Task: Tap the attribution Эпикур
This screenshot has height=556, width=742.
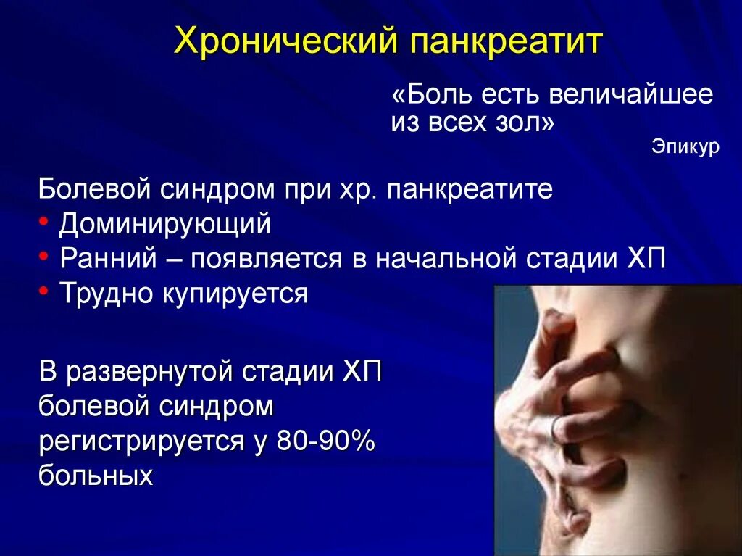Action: pyautogui.click(x=685, y=147)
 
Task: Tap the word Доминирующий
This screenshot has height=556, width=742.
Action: pyautogui.click(x=165, y=224)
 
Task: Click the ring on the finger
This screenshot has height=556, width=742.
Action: pyautogui.click(x=556, y=430)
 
